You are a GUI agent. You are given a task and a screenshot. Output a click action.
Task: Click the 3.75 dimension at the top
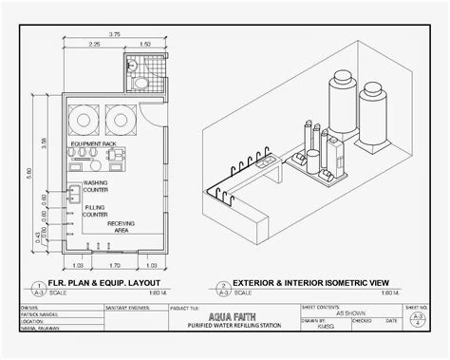pos(114,34)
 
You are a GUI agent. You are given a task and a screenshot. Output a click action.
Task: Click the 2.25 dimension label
pos(95,45)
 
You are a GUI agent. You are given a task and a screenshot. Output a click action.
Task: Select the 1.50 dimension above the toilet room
pos(144,45)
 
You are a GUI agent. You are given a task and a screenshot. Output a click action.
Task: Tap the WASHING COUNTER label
pos(96,185)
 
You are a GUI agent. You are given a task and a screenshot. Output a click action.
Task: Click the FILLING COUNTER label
pos(95,211)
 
